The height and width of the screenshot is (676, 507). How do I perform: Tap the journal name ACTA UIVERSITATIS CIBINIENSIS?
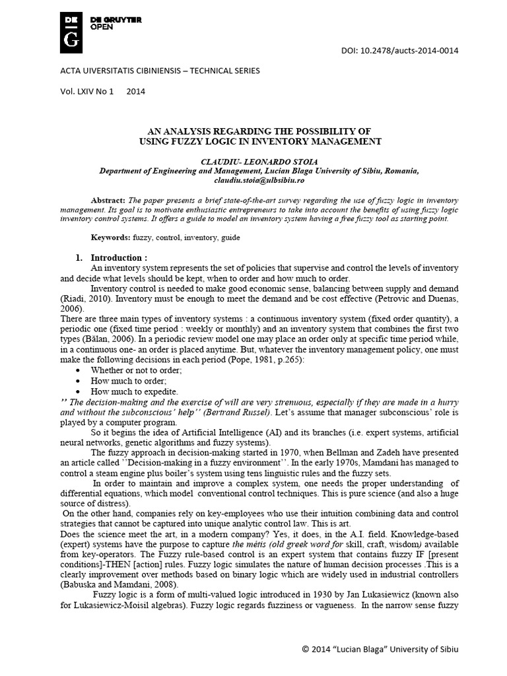point(108,71)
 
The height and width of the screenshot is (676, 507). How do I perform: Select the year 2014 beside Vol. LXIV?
point(135,92)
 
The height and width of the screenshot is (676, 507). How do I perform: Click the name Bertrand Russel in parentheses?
point(231,413)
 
